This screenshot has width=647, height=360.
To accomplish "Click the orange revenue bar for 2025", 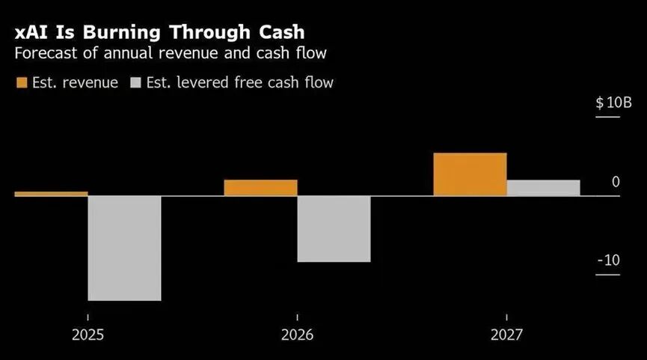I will pos(51,194).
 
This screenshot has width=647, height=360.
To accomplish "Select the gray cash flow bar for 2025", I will pos(124,248).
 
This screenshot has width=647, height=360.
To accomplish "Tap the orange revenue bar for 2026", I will pos(260,188).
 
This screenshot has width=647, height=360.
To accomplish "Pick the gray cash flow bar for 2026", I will pos(334,229).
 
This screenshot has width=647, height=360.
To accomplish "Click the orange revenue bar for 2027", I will pos(470,174).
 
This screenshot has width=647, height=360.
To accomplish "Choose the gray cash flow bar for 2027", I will pos(543,188).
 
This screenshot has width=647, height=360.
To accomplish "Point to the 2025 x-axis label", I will pos(88,334).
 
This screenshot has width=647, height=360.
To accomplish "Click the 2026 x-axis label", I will pos(297,334).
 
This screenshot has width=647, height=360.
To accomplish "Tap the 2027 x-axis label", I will pos(506,334).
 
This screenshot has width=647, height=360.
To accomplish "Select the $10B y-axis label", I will pos(613,103).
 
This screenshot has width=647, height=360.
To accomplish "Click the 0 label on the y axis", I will pos(616,182).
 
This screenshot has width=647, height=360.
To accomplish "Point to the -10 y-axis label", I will pos(609,260).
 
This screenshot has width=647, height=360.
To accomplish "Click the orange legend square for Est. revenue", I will pos(22,82).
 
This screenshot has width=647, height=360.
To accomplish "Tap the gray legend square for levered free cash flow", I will pos(137,82).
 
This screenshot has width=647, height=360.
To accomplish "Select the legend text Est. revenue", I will pos(75,82).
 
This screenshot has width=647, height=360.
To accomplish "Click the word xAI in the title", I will pos(33,33).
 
